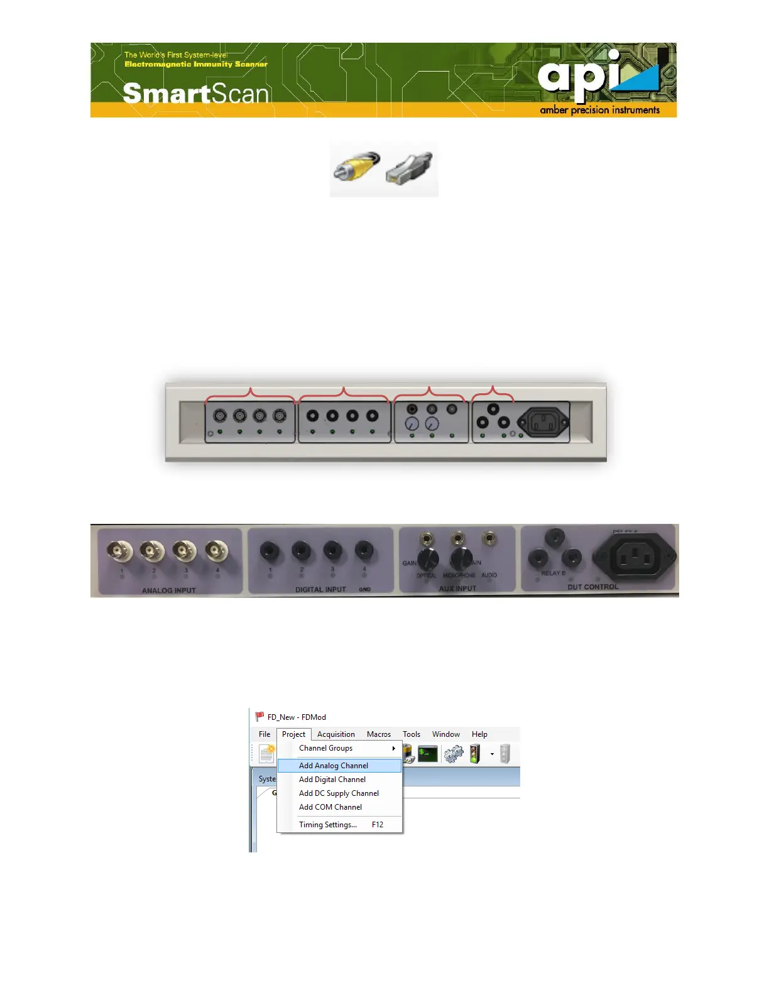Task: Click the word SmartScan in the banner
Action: pyautogui.click(x=195, y=94)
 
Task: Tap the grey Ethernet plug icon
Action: pyautogui.click(x=410, y=168)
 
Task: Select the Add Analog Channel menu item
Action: pyautogui.click(x=334, y=766)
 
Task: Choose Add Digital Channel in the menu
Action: pyautogui.click(x=332, y=780)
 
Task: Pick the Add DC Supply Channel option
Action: pyautogui.click(x=339, y=793)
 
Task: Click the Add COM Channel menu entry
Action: pyautogui.click(x=330, y=807)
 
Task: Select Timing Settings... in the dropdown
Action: pyautogui.click(x=328, y=825)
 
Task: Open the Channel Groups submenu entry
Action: pyautogui.click(x=326, y=748)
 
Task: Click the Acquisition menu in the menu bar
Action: pyautogui.click(x=336, y=734)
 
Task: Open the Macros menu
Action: pyautogui.click(x=379, y=734)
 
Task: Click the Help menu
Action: pyautogui.click(x=479, y=734)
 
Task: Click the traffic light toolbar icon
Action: pyautogui.click(x=475, y=753)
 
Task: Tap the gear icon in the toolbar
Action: pyautogui.click(x=453, y=753)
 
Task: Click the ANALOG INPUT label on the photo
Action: pyautogui.click(x=168, y=590)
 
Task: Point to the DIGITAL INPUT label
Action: pyautogui.click(x=320, y=590)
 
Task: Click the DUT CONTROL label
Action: pyautogui.click(x=592, y=587)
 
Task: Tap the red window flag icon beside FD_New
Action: pyautogui.click(x=259, y=717)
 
